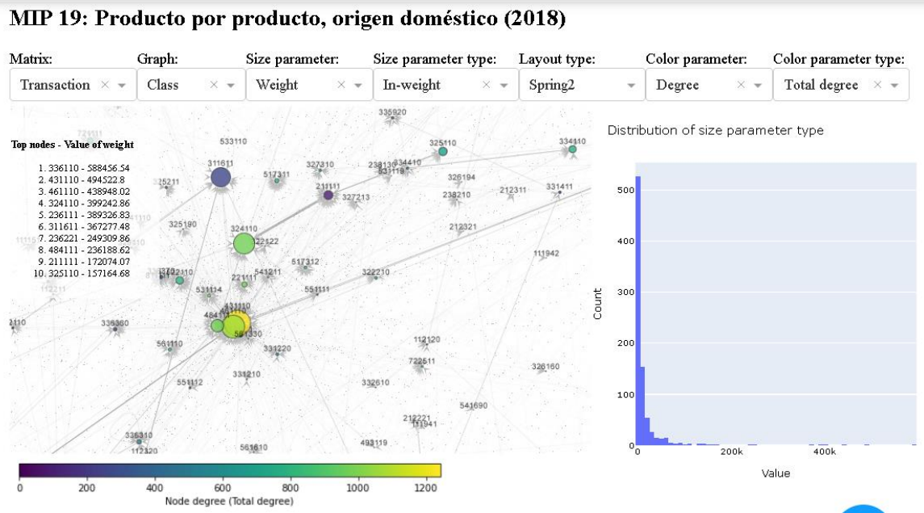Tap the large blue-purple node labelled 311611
(x=220, y=178)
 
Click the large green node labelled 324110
(x=244, y=243)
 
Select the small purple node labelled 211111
(x=328, y=195)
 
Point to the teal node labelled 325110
(x=442, y=151)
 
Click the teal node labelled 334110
(x=572, y=149)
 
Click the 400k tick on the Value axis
(x=825, y=452)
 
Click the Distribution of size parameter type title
(x=715, y=130)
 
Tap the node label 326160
(x=546, y=367)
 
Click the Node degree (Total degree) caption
(x=229, y=502)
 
